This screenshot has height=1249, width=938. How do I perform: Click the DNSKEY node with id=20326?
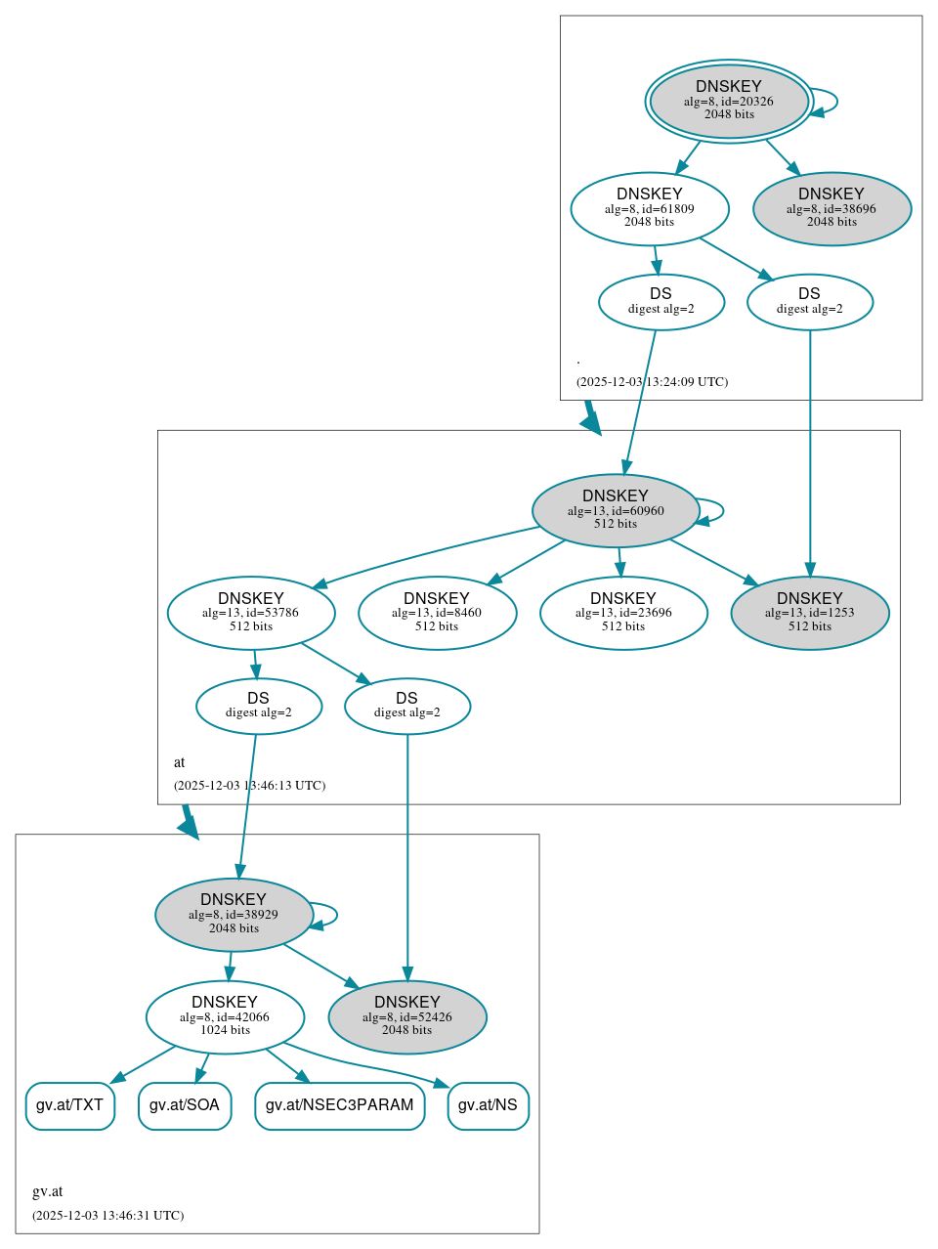coord(729,101)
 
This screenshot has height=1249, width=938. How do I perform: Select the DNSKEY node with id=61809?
coord(650,208)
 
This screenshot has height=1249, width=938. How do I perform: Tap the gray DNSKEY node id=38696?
coord(831,208)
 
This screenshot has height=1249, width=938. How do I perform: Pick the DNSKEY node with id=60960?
coord(616,510)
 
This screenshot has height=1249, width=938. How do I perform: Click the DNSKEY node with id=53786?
coord(251,613)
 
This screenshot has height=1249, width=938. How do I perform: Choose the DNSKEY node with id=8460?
coord(437,613)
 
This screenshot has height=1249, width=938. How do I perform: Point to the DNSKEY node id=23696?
coord(623,613)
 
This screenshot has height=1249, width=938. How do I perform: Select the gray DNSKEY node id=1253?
coord(810,613)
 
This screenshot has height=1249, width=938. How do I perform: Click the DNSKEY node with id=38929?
coord(234,915)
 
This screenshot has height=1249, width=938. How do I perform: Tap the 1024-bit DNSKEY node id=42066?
coord(225,1017)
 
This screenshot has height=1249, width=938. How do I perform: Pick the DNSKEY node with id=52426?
coord(407,1017)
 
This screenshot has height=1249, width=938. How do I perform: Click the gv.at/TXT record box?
coord(69,1105)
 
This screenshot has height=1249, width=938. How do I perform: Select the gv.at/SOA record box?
coord(185,1105)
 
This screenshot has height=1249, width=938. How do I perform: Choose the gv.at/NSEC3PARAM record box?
coord(340,1105)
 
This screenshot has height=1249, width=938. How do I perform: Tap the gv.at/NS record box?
coord(488,1105)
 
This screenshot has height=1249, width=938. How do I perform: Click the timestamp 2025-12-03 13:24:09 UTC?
coord(652,382)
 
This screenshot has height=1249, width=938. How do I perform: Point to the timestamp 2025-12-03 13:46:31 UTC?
coord(107,1216)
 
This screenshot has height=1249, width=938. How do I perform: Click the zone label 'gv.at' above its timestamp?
coord(47,1191)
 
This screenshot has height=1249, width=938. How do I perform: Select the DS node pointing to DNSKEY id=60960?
coord(661,302)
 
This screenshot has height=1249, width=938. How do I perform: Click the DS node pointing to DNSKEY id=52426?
coord(407,707)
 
